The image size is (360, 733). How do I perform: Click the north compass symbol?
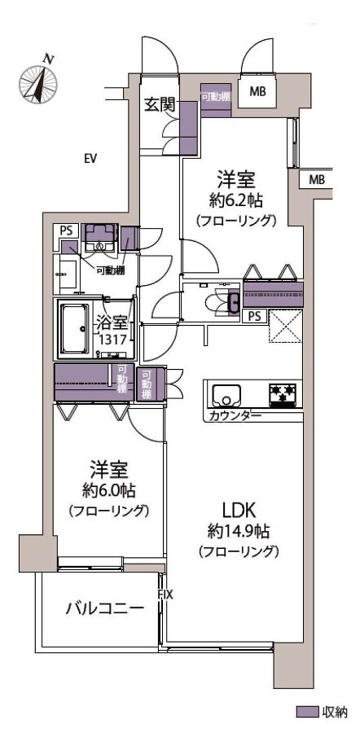click(x=38, y=82)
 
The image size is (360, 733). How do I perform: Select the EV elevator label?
click(x=90, y=159)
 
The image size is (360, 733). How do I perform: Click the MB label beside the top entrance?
click(x=257, y=92)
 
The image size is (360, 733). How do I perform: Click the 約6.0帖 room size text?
click(x=108, y=490)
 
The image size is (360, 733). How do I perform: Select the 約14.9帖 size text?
click(x=239, y=531)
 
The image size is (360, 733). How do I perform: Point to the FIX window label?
click(x=165, y=595)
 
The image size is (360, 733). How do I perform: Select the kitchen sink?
click(x=226, y=395)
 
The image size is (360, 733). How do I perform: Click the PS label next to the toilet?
click(x=255, y=316)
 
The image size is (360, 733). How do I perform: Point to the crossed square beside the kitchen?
click(x=286, y=326)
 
